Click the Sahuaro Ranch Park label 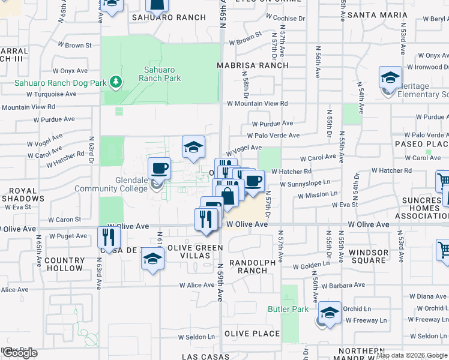pyautogui.click(x=160, y=74)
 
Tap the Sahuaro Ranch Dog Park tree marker pyautogui.click(x=115, y=82)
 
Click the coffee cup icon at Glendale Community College pyautogui.click(x=159, y=169)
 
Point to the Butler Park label pyautogui.click(x=288, y=309)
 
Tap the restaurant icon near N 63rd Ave pyautogui.click(x=108, y=237)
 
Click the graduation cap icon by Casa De pyautogui.click(x=152, y=259)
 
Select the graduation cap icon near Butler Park pyautogui.click(x=330, y=313)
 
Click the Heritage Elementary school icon pyautogui.click(x=390, y=77)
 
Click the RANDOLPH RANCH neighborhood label pyautogui.click(x=252, y=266)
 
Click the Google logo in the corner pyautogui.click(x=20, y=353)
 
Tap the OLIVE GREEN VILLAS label pyautogui.click(x=190, y=251)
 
